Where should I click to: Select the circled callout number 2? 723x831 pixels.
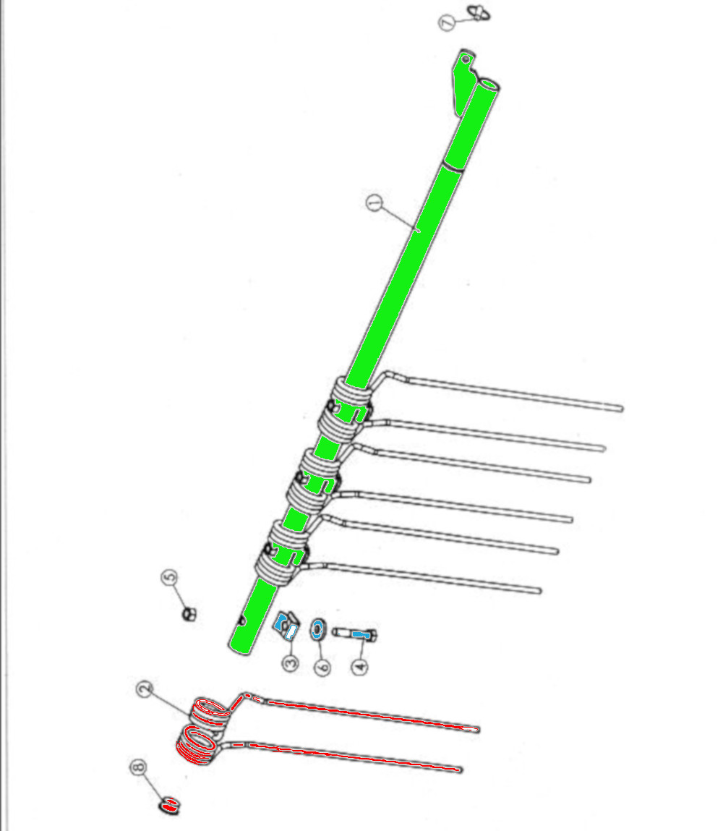(x=145, y=689)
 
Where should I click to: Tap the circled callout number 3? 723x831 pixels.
(x=290, y=663)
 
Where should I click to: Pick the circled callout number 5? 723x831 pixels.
(x=169, y=578)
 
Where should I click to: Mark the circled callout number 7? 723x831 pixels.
(x=447, y=23)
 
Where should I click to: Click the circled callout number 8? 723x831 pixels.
(x=138, y=767)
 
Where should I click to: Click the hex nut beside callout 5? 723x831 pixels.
(x=189, y=615)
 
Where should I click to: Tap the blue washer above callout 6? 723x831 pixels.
(x=318, y=629)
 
